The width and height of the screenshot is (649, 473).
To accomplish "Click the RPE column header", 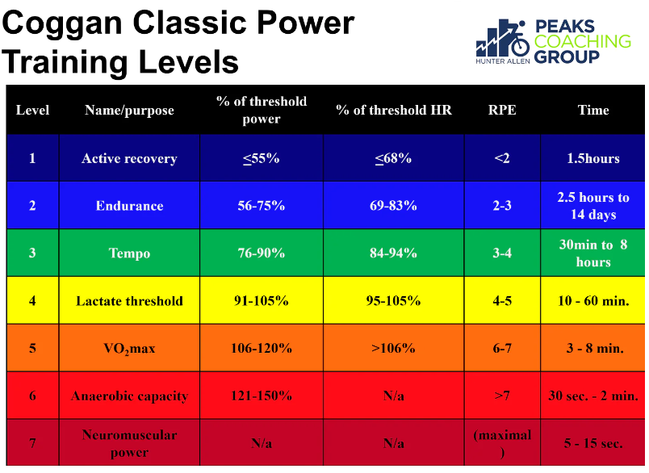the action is [502, 110].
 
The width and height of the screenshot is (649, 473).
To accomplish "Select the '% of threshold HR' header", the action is [394, 110].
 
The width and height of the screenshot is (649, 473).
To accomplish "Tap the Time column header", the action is [593, 110].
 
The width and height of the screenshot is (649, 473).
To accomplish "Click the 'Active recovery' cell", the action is [129, 158].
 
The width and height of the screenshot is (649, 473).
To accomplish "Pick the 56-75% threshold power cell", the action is [262, 206].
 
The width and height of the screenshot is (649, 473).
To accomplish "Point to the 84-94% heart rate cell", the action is [393, 253].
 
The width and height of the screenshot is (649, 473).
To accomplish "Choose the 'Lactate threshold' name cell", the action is [129, 301].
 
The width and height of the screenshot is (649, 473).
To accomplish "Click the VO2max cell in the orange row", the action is [129, 349].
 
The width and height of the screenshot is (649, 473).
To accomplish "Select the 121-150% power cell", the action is [262, 396].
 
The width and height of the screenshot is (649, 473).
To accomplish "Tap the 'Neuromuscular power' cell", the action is [129, 443].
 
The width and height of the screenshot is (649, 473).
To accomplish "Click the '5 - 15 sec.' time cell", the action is [593, 443].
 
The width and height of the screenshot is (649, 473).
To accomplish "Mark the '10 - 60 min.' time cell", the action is [593, 301].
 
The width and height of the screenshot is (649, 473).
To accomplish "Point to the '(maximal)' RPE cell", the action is [502, 443].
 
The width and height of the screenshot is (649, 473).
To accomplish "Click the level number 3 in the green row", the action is [32, 253].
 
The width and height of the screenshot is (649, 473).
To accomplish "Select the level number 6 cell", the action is [32, 396].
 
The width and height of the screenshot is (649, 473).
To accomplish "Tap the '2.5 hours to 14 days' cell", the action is [593, 206].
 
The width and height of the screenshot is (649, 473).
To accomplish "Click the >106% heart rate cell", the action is [393, 348].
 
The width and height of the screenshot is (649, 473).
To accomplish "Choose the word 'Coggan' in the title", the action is [62, 24].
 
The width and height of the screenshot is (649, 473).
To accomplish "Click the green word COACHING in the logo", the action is [583, 41].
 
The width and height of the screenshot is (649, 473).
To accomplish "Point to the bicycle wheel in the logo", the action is [520, 46].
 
